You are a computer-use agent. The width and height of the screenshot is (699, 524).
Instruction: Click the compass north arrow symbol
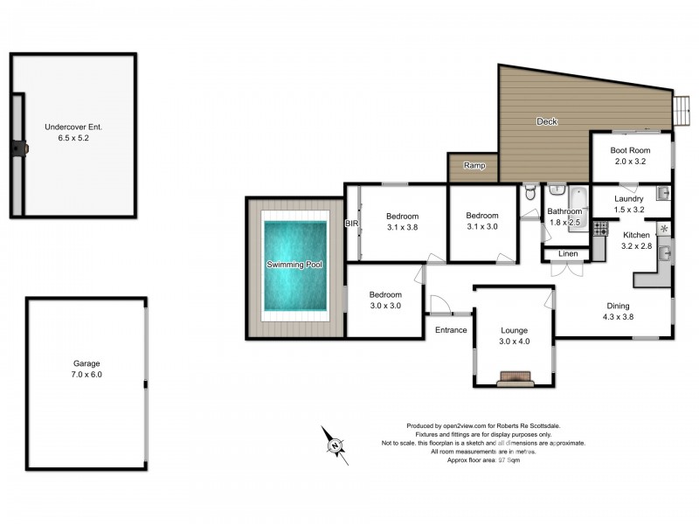point(334,445)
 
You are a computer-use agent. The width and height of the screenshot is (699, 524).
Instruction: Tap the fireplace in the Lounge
point(514,378)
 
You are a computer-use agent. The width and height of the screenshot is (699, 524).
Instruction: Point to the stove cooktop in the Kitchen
point(600,229)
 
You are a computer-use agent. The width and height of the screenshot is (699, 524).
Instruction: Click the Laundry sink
point(663,193)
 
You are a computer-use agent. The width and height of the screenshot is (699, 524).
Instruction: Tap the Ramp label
point(474,166)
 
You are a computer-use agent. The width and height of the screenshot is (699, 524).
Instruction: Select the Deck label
point(547,121)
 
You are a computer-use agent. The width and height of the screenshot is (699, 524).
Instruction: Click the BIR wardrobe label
point(352,224)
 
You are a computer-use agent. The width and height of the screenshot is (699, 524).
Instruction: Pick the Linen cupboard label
point(569,253)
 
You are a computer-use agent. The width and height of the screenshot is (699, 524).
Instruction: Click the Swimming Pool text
point(295,264)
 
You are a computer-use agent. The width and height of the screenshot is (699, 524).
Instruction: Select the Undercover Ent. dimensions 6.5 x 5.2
point(73,138)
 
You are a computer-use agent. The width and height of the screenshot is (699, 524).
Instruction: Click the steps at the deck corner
point(681,108)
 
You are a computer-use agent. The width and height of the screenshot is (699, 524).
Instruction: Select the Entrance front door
point(439,306)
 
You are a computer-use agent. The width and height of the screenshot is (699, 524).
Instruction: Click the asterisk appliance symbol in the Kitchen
point(663,229)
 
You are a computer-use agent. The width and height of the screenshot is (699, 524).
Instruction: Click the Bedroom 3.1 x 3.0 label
point(481,222)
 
